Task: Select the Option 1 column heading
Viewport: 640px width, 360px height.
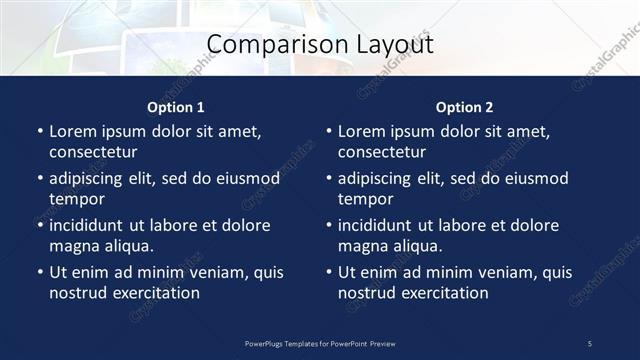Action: click(176, 107)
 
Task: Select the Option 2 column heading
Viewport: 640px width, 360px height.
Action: click(465, 107)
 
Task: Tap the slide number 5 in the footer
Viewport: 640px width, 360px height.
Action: click(590, 344)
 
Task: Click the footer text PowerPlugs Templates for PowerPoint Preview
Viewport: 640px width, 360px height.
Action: click(320, 344)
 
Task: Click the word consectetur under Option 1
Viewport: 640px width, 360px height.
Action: click(93, 152)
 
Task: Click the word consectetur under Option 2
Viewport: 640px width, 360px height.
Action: click(382, 152)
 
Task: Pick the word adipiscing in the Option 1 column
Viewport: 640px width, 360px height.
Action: click(89, 179)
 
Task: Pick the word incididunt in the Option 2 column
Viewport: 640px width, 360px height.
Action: click(378, 226)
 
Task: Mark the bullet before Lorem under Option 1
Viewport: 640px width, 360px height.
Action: click(40, 132)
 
